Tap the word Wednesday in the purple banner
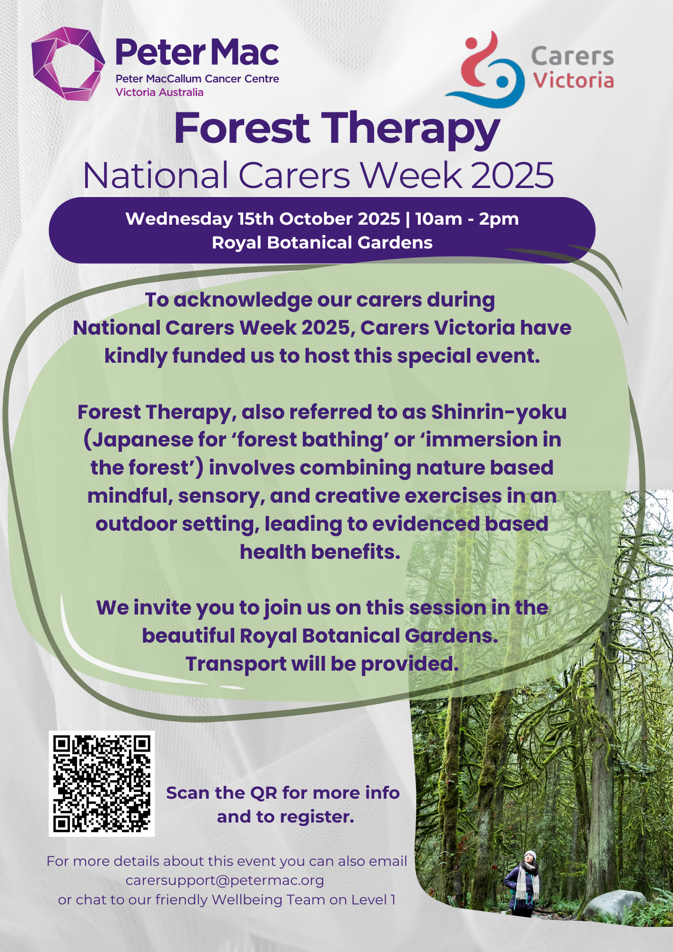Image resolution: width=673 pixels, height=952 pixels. point(179,219)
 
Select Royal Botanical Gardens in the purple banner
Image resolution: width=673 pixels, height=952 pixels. point(322,243)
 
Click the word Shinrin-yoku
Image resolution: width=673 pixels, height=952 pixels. point(499,413)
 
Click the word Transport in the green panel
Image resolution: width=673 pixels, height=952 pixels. point(236,664)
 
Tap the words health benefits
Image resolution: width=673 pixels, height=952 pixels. point(320,552)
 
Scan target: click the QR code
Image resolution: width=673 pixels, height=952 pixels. point(102,783)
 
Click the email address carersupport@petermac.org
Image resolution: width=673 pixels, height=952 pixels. point(225,881)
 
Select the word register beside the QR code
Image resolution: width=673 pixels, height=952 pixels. point(317,818)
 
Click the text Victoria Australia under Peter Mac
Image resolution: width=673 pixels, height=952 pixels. point(159,92)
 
